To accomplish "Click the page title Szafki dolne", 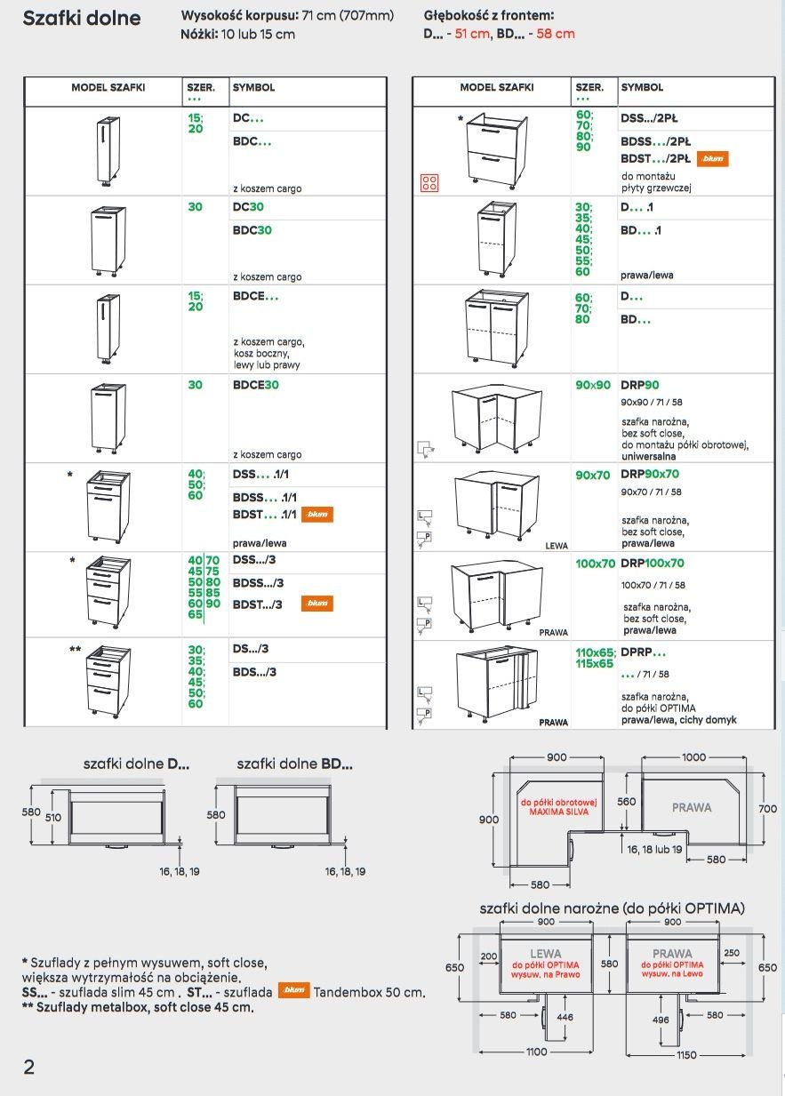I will point(81,19).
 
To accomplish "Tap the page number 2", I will point(28,1067).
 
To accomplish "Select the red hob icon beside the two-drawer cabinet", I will point(429,183).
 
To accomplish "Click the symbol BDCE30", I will point(256,385).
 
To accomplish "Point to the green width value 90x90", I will point(593,386).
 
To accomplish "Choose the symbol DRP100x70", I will point(654,564).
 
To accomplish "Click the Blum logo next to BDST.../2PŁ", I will point(713,159).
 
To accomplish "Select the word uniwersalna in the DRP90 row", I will point(651,454).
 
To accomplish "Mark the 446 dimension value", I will point(565,1017).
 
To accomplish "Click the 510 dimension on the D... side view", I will point(53,815).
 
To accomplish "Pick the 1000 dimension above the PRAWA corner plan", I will point(694,757).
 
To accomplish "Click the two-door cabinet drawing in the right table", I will point(491,328).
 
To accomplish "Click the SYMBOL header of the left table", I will point(253,88).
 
